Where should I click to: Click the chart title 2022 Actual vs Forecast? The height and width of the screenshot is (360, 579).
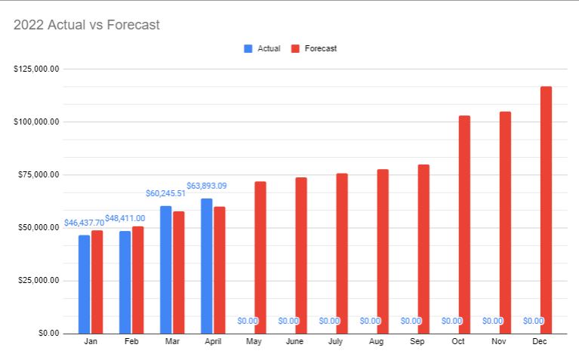click(x=87, y=25)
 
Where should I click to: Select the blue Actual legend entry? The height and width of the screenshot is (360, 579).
click(x=262, y=48)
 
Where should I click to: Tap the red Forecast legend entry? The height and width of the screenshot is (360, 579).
click(x=315, y=48)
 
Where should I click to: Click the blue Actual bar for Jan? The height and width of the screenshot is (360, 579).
click(x=85, y=284)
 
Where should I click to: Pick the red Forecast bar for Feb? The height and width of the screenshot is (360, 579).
click(x=137, y=279)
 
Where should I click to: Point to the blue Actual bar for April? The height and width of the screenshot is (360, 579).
click(x=206, y=266)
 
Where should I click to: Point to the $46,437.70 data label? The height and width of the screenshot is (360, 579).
click(x=85, y=223)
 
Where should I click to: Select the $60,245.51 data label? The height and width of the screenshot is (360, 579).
click(x=167, y=193)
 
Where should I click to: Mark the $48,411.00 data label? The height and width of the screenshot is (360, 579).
click(x=125, y=218)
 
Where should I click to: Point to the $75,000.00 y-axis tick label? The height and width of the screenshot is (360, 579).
click(x=38, y=174)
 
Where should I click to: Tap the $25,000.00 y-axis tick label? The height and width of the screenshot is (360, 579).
click(x=38, y=280)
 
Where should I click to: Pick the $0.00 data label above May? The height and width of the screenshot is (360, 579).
click(x=248, y=321)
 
